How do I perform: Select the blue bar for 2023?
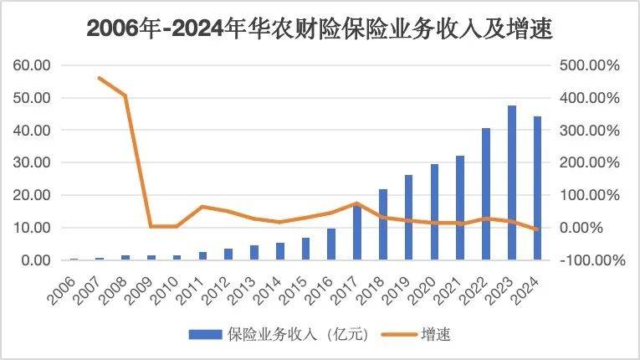point(512,183)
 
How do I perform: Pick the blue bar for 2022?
point(486,194)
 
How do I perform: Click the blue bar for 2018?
point(383,224)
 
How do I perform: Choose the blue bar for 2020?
point(434,212)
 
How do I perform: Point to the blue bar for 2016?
point(331,244)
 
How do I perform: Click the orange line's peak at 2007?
point(100,78)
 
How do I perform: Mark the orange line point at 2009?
point(151,226)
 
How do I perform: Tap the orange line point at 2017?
point(357,203)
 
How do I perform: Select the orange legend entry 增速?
point(415,335)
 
